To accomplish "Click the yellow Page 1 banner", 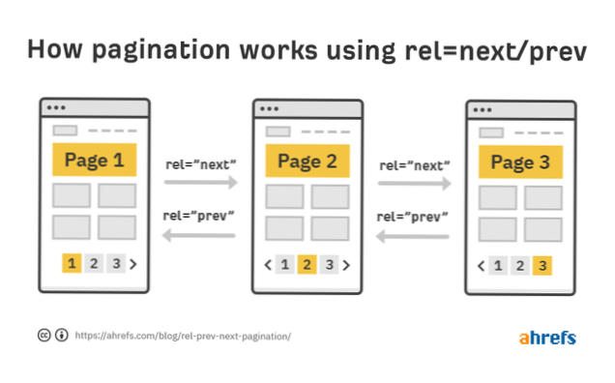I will [94, 160].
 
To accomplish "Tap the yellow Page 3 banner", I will [520, 161].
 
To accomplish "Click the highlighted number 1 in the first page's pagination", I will [72, 262].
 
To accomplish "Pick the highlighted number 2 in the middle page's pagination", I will [307, 264].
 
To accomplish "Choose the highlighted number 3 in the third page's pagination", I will [542, 265].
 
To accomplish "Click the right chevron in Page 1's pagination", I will [133, 262].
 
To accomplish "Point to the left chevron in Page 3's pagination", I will [481, 265].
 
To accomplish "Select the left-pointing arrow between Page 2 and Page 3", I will [413, 234].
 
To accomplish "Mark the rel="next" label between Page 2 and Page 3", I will [413, 165].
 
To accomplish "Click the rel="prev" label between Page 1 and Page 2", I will [199, 216].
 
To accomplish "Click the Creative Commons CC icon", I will [44, 336].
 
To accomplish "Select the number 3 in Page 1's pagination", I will [115, 262].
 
